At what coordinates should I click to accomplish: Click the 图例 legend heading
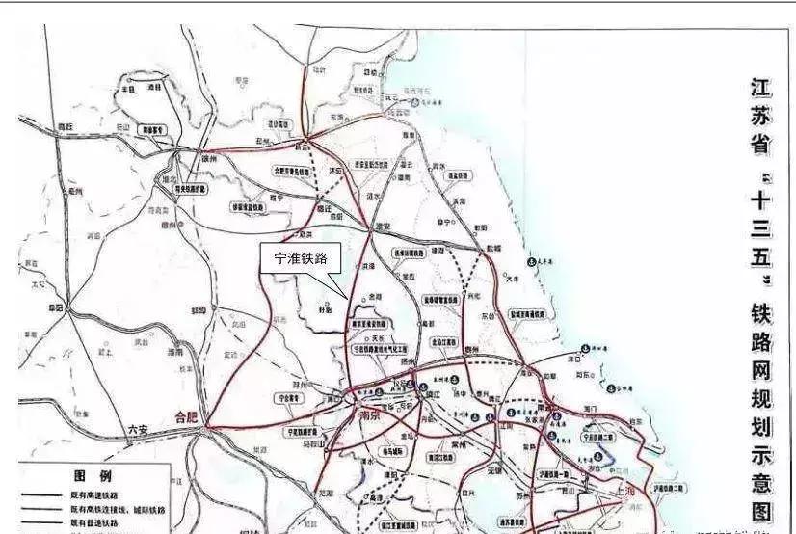(93, 476)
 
